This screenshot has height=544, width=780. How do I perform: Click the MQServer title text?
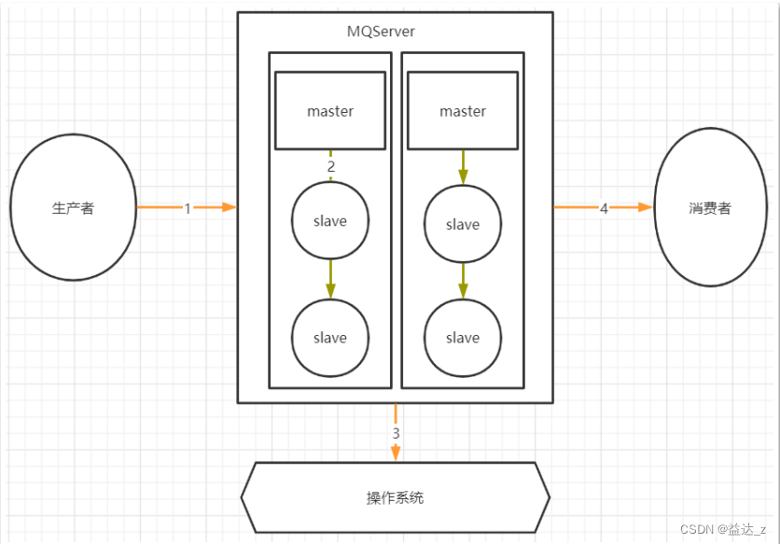pos(381,32)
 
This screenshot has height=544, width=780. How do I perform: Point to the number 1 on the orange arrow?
pos(188,208)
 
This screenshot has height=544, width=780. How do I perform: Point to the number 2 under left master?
pos(331,167)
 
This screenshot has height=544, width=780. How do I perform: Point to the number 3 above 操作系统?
pos(396,434)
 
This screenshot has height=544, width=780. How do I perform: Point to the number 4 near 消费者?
pos(604,208)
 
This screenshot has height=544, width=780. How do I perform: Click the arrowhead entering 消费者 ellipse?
pos(647,207)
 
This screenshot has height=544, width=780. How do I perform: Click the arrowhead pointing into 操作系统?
pos(396,453)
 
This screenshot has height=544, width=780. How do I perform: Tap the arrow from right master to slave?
pos(463,167)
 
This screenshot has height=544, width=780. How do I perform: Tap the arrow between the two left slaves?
pos(330,279)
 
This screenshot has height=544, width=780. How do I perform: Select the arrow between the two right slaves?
pos(463,281)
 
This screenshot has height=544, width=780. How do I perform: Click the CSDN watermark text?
pos(723,529)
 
